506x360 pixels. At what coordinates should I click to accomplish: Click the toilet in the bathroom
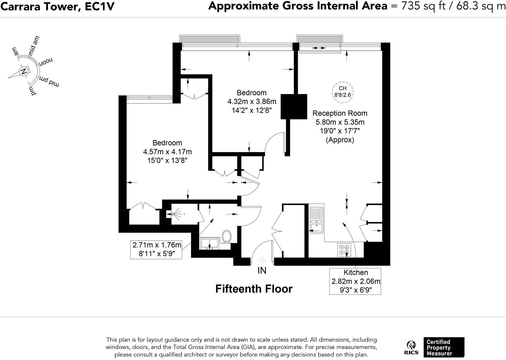coord(227,236)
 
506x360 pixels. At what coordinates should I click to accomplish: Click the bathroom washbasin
coord(209,243)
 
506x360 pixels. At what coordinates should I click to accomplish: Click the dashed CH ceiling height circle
coord(342,92)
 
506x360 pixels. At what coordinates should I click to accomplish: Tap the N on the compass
coord(24,72)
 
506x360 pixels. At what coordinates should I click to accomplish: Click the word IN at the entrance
coord(262,271)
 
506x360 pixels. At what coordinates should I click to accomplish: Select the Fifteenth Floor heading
coord(254,289)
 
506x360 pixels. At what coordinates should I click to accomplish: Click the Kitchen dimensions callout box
coord(355,281)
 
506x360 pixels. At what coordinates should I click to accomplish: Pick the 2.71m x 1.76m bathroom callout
coord(156,250)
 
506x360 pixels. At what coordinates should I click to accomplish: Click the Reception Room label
coord(340,113)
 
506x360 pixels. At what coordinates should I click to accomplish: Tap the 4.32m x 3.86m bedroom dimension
coord(252,101)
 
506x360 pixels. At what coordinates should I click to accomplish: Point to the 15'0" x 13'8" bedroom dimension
coord(167,160)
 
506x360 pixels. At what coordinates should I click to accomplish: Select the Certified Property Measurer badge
coord(444,347)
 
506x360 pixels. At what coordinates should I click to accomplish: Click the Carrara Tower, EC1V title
coord(57,7)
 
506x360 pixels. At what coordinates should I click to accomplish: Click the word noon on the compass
coord(46,61)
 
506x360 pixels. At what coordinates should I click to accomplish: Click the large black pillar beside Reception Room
coord(294,106)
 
